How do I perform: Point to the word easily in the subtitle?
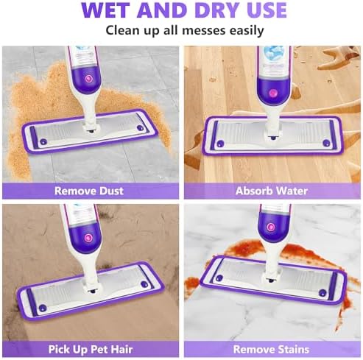(x=247, y=31)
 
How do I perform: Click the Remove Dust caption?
(x=89, y=191)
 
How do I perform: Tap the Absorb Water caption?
(x=272, y=191)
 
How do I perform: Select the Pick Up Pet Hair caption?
(x=91, y=350)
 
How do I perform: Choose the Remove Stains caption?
(x=271, y=349)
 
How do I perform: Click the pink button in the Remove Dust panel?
(x=88, y=79)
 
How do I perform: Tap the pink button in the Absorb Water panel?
(x=272, y=93)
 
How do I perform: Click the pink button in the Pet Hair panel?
(x=88, y=238)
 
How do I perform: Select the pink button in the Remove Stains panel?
(x=271, y=227)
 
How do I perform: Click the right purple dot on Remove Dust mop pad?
(x=140, y=128)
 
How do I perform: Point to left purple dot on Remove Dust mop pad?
(x=43, y=142)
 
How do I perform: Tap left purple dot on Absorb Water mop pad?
(x=220, y=144)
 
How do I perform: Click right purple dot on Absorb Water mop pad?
(x=326, y=143)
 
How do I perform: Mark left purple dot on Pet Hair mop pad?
(x=43, y=308)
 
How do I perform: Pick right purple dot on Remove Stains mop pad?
(x=323, y=292)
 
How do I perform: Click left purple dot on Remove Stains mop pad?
(x=219, y=278)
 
